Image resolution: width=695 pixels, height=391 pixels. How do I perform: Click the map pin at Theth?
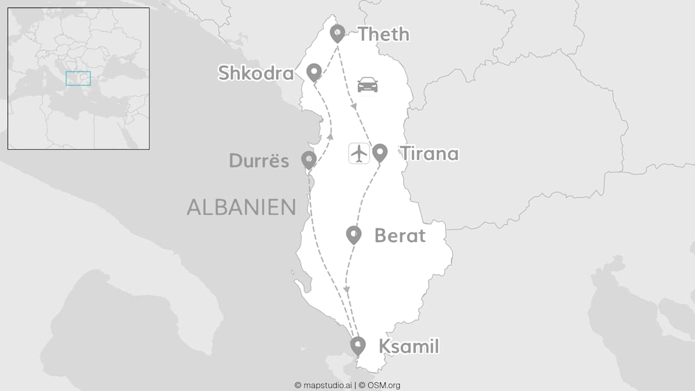coord(338,33)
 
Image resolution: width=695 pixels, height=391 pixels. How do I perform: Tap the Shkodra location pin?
coord(314,71)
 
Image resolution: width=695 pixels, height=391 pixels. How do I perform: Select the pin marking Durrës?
coord(309,159)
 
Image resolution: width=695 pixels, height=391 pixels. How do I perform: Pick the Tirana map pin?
coord(380,152)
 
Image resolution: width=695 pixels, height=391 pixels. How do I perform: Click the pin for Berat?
coord(353,234)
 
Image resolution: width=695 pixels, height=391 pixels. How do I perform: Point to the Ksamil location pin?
coord(358,345)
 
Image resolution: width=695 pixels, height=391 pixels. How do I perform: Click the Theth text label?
coord(383,34)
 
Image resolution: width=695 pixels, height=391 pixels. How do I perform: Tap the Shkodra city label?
coord(256,73)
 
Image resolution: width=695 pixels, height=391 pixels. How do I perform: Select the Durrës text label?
coord(259,161)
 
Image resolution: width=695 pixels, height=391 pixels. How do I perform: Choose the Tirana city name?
coord(429,154)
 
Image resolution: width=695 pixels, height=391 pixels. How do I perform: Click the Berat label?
coord(400,236)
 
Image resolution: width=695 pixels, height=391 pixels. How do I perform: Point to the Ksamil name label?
coord(408,346)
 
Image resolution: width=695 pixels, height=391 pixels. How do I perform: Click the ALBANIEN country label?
coord(241,207)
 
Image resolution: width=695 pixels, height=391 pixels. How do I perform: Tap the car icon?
coord(368,85)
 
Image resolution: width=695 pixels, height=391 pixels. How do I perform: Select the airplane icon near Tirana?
coord(359,153)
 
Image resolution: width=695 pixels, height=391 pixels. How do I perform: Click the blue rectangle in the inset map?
coord(78,78)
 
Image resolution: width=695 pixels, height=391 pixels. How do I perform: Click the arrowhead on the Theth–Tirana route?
coord(354,106)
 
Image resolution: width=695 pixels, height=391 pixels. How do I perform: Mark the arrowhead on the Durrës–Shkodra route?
coord(330,136)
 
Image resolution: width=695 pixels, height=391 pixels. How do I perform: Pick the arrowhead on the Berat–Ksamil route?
coord(347,289)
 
